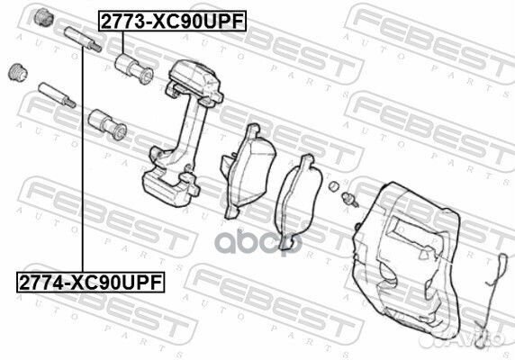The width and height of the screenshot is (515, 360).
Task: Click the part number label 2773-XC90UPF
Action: coord(172,21)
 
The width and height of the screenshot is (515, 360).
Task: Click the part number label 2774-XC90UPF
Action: coord(91,283)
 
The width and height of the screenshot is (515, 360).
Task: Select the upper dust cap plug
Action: coord(43,17)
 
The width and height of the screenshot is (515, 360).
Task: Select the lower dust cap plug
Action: coord(18,72)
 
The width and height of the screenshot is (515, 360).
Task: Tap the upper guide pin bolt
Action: coord(83,40)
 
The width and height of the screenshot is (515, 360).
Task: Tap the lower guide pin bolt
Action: coord(57,95)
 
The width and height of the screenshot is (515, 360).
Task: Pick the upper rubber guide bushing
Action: coord(134,68)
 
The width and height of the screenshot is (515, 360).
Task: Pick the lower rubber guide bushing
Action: coord(107,124)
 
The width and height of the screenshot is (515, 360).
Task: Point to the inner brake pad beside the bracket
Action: coord(248,171)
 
